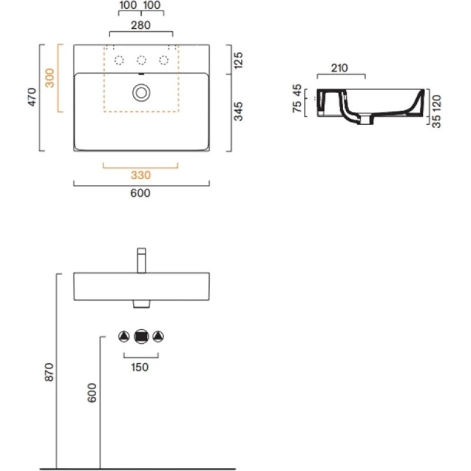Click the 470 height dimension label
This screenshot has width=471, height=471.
click(x=32, y=97)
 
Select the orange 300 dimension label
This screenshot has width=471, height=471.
click(x=49, y=78)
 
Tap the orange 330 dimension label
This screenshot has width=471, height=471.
click(x=141, y=175)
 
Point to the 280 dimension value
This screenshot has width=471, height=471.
click(x=141, y=25)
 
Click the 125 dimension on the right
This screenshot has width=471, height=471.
click(x=238, y=60)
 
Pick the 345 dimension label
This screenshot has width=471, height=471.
click(x=238, y=111)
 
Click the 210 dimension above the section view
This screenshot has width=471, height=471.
click(x=340, y=68)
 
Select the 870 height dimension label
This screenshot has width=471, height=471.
click(x=49, y=372)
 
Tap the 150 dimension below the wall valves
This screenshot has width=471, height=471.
click(x=140, y=367)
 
